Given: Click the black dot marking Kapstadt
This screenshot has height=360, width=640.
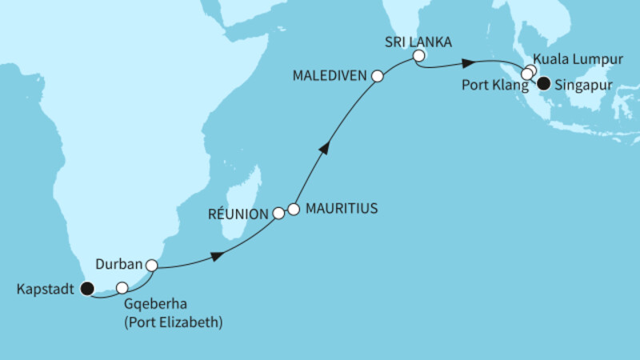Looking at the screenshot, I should click(x=86, y=289).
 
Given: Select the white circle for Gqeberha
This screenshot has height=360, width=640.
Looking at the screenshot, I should click(x=122, y=288).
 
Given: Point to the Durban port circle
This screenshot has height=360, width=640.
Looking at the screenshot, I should click(x=151, y=264).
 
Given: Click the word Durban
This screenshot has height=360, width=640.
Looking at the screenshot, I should click(x=118, y=263).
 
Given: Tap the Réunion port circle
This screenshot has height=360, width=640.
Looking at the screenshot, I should click(x=278, y=214).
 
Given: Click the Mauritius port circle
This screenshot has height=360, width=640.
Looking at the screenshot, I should click(x=293, y=210).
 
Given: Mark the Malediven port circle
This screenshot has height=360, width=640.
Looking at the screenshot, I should click(x=378, y=77).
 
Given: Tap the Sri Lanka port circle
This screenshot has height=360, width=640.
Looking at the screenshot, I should click(x=418, y=56).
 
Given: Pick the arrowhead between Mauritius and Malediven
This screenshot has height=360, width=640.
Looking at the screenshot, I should click(x=324, y=148).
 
